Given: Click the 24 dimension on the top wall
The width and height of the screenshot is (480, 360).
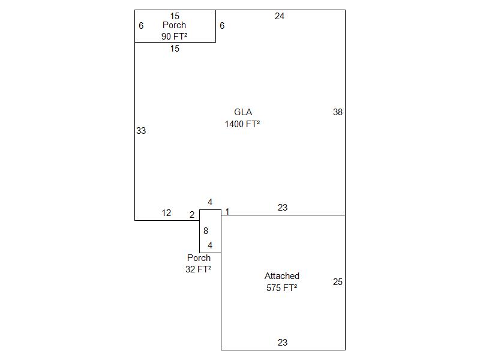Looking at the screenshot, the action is [x=279, y=16].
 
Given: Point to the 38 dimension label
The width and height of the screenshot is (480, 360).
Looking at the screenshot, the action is [x=338, y=112].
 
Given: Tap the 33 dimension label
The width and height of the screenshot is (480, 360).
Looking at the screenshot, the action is [x=141, y=131].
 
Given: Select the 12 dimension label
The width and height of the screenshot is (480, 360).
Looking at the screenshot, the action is [x=166, y=213].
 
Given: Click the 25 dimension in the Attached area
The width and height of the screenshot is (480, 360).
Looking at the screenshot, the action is [x=338, y=282].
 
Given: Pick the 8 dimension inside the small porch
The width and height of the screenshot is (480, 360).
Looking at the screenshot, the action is [x=206, y=231].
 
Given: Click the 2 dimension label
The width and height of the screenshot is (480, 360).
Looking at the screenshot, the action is [x=192, y=215].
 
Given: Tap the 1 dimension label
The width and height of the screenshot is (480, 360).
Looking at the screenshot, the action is [x=227, y=212].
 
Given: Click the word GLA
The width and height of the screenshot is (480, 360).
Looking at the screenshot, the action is [x=243, y=112].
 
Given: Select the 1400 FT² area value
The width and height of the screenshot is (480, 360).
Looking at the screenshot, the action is [x=242, y=124].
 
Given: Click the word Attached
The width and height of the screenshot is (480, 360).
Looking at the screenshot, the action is [x=282, y=276].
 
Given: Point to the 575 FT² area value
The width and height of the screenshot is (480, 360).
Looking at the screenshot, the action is [x=281, y=288].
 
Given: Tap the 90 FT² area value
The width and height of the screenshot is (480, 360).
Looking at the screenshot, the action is [x=174, y=37].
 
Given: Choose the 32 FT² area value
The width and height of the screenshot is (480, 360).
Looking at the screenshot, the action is [x=198, y=269].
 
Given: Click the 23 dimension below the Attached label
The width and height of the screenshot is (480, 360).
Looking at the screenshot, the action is [x=283, y=342].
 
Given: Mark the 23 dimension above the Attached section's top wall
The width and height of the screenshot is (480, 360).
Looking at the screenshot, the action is [x=283, y=208].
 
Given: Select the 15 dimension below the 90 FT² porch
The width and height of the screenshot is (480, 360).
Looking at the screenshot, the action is [x=175, y=49].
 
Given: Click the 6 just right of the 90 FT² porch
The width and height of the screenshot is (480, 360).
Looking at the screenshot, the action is [x=222, y=26].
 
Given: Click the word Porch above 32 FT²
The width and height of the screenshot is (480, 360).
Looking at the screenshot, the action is [x=199, y=258].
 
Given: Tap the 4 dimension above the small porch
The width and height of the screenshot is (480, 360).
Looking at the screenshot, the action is [x=209, y=202].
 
